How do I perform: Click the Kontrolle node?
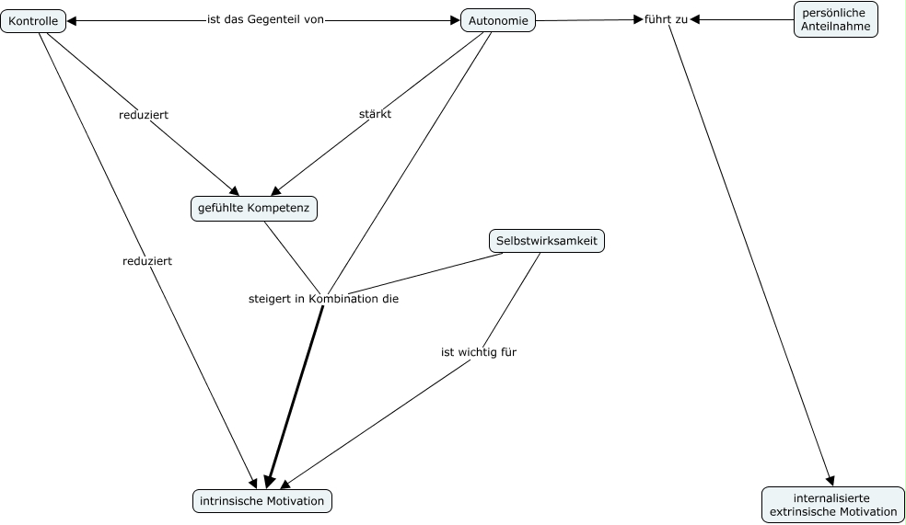pos(34,20)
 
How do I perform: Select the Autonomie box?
pos(498,20)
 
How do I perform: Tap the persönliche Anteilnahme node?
pos(836,19)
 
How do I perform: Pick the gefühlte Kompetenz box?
pos(254,209)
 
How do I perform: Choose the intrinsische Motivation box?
pos(261,501)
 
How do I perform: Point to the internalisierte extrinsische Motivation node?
pos(832,505)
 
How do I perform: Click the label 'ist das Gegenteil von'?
pos(265,19)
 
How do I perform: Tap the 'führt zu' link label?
pos(666,19)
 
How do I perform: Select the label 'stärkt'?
pos(375,114)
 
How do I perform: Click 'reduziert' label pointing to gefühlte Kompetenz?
pos(144,115)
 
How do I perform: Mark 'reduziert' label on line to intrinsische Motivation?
pos(147,261)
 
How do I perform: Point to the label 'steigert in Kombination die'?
pos(323,299)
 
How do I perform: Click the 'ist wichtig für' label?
pos(479,351)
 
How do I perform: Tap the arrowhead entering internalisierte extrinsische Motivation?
pos(830,479)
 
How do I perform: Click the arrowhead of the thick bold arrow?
pos(268,481)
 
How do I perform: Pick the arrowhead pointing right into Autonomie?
pos(455,19)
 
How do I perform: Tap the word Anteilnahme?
pos(836,27)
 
